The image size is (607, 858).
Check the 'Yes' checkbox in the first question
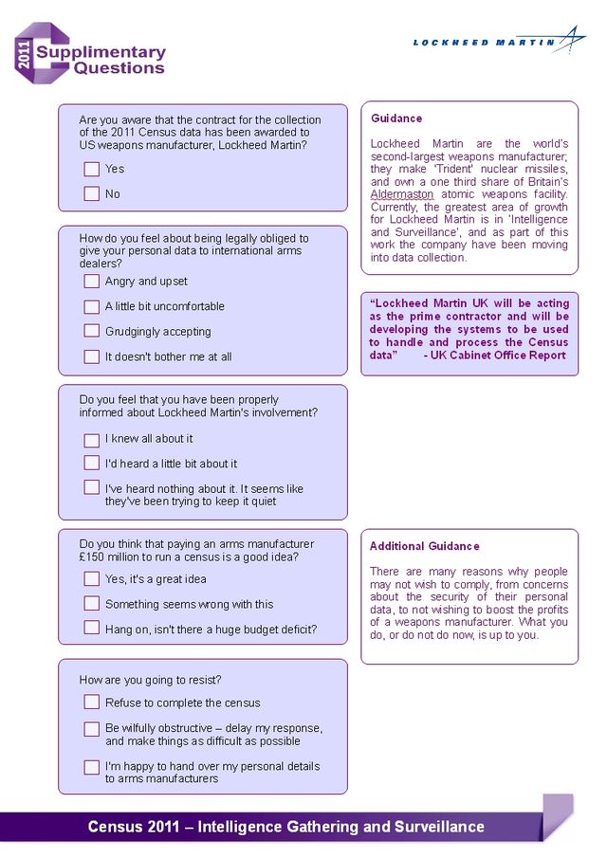91,169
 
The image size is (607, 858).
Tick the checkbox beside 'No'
91,193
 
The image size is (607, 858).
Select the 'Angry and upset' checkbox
91,281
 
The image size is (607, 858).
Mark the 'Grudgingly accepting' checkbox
91,331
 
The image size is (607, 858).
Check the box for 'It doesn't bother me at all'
91,356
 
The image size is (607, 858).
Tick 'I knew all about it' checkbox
91,439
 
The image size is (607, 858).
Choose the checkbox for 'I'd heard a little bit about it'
91,463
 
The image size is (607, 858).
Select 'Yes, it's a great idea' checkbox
91,578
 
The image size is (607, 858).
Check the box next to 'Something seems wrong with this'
91,603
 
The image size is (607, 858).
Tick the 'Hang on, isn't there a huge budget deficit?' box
91,628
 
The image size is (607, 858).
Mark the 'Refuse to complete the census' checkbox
91,702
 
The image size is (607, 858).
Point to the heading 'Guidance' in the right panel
396,119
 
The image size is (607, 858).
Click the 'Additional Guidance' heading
424,546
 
